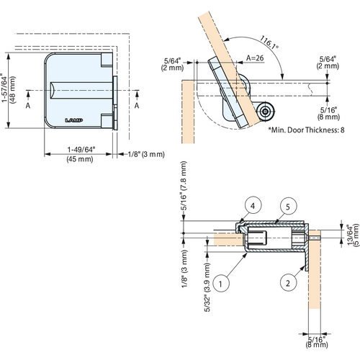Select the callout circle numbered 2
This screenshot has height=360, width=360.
pos(287,283)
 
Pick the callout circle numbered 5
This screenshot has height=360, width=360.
pos(288,207)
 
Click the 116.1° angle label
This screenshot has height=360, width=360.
pos(271,45)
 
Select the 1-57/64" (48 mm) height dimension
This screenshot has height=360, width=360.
pos(9,90)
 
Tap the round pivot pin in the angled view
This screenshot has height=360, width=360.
pos(266,112)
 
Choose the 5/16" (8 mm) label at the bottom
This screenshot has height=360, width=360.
pos(315,341)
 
